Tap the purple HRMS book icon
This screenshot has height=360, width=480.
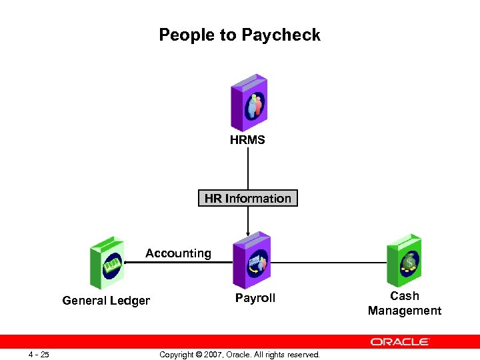coord(248,103)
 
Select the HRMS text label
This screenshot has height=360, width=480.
coord(247,140)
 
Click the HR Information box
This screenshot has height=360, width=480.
coord(247,199)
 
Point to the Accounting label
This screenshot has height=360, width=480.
coord(178,253)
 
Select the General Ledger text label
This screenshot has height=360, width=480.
coord(106,301)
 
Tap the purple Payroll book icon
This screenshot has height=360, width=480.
coord(251,261)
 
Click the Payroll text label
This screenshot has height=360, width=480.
coord(255,298)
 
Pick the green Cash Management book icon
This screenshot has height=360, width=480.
coord(404,259)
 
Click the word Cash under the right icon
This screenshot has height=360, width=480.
coord(405,296)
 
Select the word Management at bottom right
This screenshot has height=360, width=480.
coord(405,311)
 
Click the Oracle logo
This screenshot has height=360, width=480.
coord(400,342)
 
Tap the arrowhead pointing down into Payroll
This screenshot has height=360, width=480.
coord(248,231)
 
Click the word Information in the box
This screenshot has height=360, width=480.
coord(258,199)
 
